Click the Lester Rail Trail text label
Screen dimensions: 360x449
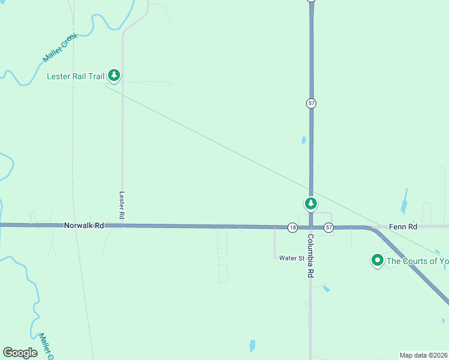[x=76, y=76]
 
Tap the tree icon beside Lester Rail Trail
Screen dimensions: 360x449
[x=114, y=76]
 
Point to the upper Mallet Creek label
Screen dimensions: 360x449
[x=60, y=48]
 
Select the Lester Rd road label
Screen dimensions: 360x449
[x=122, y=205]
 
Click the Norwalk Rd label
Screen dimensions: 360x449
[x=84, y=226]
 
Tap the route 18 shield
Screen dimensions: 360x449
[x=292, y=227]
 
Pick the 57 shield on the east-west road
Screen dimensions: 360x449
[x=328, y=227]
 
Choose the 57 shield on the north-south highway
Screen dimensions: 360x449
[x=311, y=103]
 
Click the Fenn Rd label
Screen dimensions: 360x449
[x=403, y=227]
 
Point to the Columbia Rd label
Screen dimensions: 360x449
[x=310, y=255]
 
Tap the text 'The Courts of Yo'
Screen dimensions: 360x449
[x=417, y=261]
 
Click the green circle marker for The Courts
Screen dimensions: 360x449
[x=378, y=260]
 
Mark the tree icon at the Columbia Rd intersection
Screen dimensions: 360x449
[x=310, y=204]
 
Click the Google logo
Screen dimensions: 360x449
[x=20, y=353]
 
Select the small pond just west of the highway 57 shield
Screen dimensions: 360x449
[x=304, y=140]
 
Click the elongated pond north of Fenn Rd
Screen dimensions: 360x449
[x=404, y=201]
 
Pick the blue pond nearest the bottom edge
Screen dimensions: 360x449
[x=251, y=346]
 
